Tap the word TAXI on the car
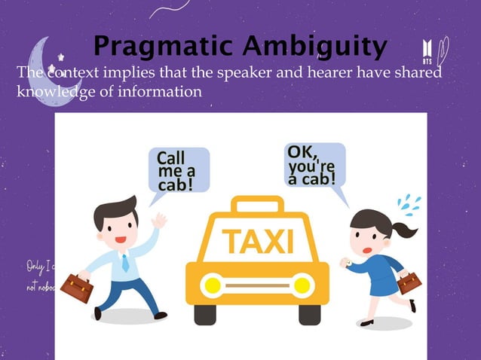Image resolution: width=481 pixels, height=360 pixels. click(257, 242)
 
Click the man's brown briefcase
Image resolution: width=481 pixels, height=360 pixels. click(76, 287)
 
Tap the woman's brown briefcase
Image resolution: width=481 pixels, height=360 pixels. click(409, 282)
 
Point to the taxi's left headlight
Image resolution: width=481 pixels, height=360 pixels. click(211, 285)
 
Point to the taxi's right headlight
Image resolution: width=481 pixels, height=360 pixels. click(303, 285)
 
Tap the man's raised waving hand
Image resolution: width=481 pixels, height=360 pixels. click(159, 220)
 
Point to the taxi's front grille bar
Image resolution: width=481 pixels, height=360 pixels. click(257, 286)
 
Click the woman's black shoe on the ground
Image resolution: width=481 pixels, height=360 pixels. click(367, 322)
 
